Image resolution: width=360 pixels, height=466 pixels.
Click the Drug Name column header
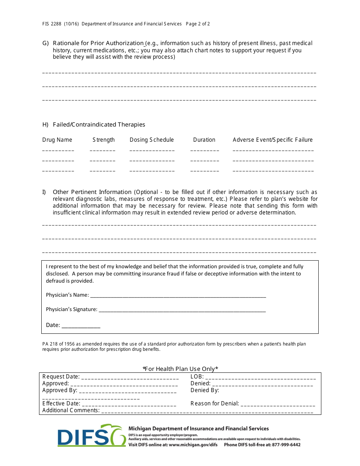tap(57, 140)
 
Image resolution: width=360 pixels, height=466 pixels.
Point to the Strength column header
tap(103, 140)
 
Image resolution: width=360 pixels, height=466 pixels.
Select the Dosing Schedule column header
tap(152, 140)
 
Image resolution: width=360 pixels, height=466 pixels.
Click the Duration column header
tap(204, 140)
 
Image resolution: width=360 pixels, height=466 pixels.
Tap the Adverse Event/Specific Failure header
tap(272, 140)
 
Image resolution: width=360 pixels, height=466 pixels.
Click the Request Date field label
tap(61, 377)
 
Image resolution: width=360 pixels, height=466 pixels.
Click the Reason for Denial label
tap(214, 403)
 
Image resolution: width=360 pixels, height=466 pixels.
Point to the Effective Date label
tap(61, 403)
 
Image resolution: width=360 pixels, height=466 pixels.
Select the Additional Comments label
tap(71, 410)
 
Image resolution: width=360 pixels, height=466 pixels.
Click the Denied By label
tap(205, 390)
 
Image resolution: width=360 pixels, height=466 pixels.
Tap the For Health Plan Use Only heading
tap(180, 369)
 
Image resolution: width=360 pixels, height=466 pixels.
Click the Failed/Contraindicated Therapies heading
tap(99, 125)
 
